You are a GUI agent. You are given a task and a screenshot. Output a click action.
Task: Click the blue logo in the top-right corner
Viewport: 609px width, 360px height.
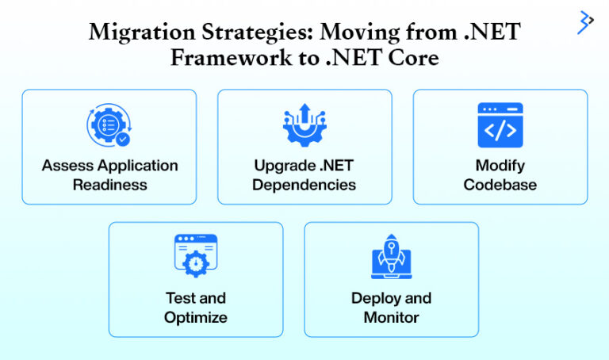point(585,21)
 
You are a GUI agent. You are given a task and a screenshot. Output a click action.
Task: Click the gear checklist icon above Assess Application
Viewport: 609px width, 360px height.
point(109,126)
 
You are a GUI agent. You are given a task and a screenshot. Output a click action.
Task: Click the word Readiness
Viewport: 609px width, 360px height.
point(109,185)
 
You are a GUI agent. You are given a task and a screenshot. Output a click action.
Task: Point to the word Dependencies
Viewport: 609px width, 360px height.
point(304,185)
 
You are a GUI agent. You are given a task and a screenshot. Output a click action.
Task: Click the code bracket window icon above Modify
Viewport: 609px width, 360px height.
point(500,125)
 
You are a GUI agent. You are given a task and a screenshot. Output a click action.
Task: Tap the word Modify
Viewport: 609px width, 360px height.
point(500,166)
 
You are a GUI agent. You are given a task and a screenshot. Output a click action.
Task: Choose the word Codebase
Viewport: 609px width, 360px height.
point(500,185)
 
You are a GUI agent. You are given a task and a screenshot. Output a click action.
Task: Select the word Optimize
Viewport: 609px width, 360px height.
point(196,317)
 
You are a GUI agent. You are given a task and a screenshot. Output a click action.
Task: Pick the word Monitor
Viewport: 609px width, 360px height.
point(391,317)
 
